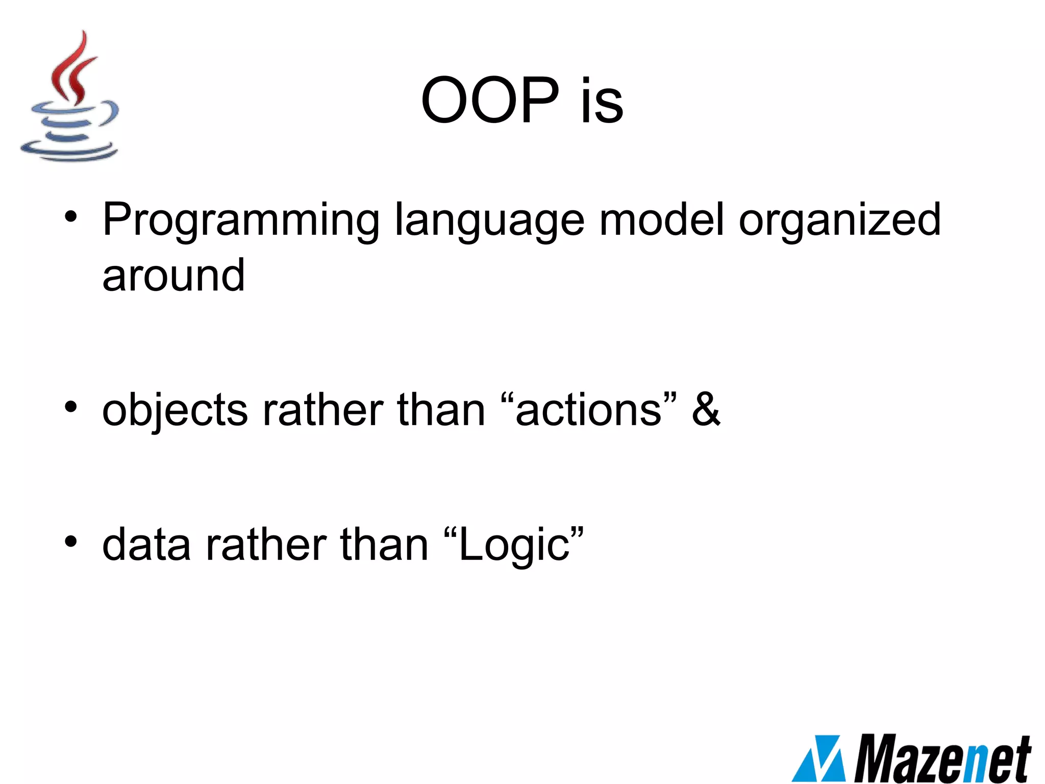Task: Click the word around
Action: pos(173,276)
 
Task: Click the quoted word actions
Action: pos(589,411)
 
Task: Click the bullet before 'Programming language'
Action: pos(71,217)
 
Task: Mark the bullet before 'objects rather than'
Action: pos(71,407)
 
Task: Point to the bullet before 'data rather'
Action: pos(71,542)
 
